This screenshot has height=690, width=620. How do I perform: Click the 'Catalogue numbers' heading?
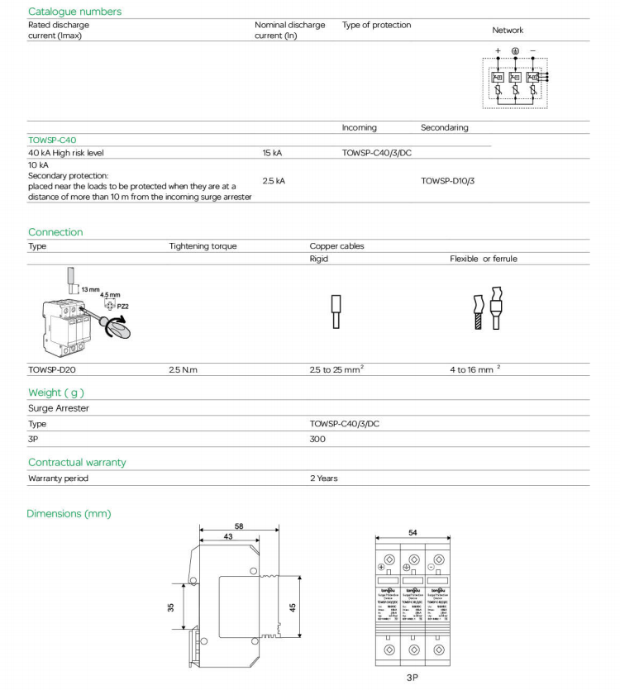74,12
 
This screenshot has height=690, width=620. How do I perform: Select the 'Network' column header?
508,31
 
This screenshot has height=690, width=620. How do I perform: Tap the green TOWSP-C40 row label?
52,140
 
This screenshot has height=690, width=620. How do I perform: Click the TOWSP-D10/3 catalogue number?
447,180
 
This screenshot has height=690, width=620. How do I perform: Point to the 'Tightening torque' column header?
203,246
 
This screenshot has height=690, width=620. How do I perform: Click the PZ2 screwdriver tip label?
122,306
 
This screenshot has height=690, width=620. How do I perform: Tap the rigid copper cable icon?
336,312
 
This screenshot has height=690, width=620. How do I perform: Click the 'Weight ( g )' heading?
56,393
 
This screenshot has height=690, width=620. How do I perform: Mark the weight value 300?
317,439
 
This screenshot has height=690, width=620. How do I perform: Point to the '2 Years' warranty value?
324,478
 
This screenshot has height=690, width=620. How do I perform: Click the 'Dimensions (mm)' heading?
69,514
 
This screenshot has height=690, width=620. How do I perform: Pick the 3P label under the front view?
411,675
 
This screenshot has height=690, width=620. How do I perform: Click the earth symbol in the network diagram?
515,51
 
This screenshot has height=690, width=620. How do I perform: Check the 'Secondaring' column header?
444,128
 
